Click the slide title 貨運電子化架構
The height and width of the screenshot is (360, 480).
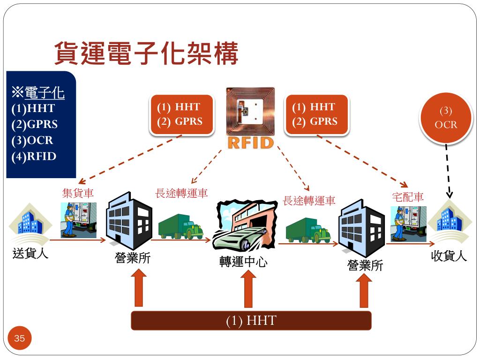[x=146, y=53]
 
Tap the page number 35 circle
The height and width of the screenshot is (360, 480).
[x=20, y=338]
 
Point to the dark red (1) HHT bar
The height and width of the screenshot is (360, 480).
[x=251, y=321]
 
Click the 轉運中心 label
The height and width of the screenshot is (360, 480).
[x=243, y=262]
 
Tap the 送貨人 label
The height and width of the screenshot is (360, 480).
[x=30, y=255]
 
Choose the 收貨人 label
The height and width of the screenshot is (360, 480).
[x=449, y=256]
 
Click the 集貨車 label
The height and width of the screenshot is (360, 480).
[x=78, y=193]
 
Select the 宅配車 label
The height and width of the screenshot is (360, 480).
[x=407, y=197]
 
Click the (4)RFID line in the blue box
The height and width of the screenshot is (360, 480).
[x=34, y=156]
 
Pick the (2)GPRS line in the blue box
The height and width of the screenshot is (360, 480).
[x=35, y=125]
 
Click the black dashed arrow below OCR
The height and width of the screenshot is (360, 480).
[x=448, y=171]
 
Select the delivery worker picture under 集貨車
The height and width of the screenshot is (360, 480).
[x=78, y=220]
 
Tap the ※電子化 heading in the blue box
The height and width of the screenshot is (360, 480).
[x=38, y=93]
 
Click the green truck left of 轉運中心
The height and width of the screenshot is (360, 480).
[x=180, y=227]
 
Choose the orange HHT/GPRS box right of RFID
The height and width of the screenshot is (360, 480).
[x=316, y=114]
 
